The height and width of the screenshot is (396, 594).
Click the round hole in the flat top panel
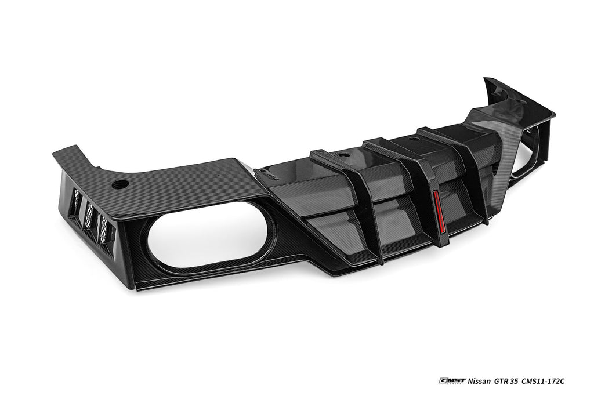coord(121,184)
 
